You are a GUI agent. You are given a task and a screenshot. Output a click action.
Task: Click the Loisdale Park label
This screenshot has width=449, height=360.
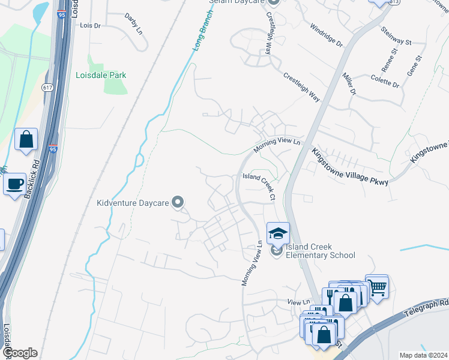pos(101,75)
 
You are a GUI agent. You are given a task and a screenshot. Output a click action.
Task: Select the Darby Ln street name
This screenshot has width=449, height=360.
pos(133,23)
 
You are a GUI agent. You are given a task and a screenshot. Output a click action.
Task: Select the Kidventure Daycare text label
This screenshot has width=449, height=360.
pos(132,203)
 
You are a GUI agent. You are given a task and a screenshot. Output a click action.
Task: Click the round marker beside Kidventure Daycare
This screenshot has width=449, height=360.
pos(177,203)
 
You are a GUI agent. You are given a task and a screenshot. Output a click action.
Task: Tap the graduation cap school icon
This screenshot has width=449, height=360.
pos(278,233)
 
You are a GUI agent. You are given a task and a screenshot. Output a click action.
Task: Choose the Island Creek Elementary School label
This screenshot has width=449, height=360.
pos(320,251)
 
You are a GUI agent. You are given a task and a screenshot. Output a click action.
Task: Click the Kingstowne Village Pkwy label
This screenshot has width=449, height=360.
pos(349,166)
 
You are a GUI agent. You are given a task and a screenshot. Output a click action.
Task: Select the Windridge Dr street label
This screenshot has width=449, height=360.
pos(327,36)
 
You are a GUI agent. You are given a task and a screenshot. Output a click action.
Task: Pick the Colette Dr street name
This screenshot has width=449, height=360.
pos(385,80)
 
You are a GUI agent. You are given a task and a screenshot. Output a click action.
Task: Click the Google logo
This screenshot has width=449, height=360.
pos(20,353)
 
